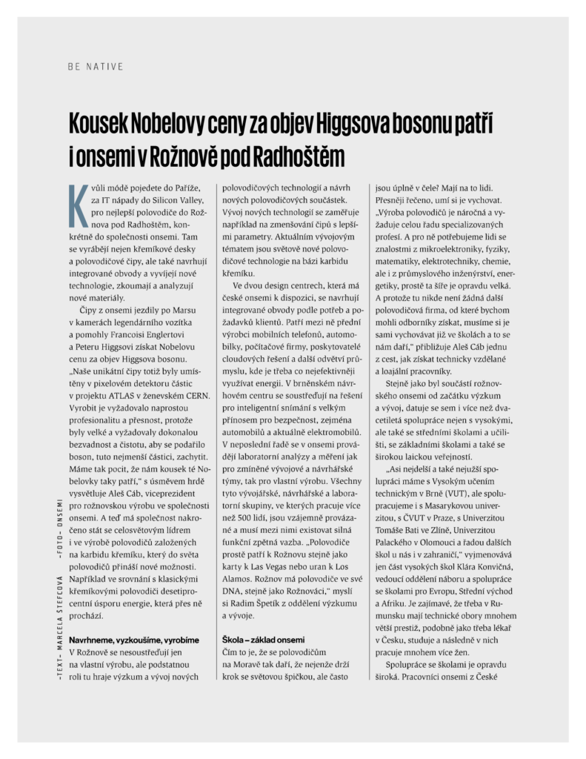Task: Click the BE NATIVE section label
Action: pyautogui.click(x=94, y=66)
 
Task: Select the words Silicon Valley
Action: pyautogui.click(x=172, y=200)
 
